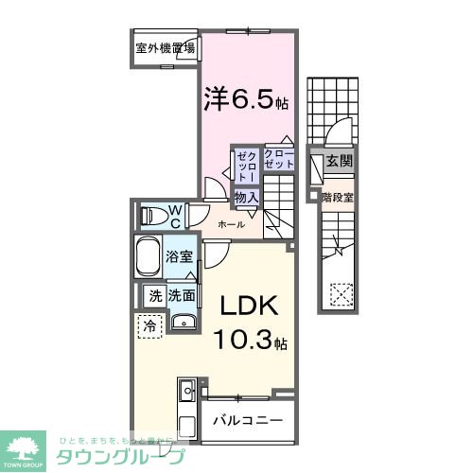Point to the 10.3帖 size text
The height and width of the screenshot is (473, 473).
250,340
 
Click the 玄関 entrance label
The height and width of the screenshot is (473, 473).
339,162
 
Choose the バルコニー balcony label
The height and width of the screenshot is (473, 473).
246,420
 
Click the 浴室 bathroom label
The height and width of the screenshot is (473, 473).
180,255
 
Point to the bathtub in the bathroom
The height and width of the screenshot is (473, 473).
148,257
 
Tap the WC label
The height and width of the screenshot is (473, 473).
176,216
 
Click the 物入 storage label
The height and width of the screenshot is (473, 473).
246,197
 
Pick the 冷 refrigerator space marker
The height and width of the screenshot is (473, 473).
149,325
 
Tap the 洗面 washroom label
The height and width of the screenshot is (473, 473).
183,295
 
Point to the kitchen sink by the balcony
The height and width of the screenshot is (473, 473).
186,390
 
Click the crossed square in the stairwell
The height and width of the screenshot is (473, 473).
340,294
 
